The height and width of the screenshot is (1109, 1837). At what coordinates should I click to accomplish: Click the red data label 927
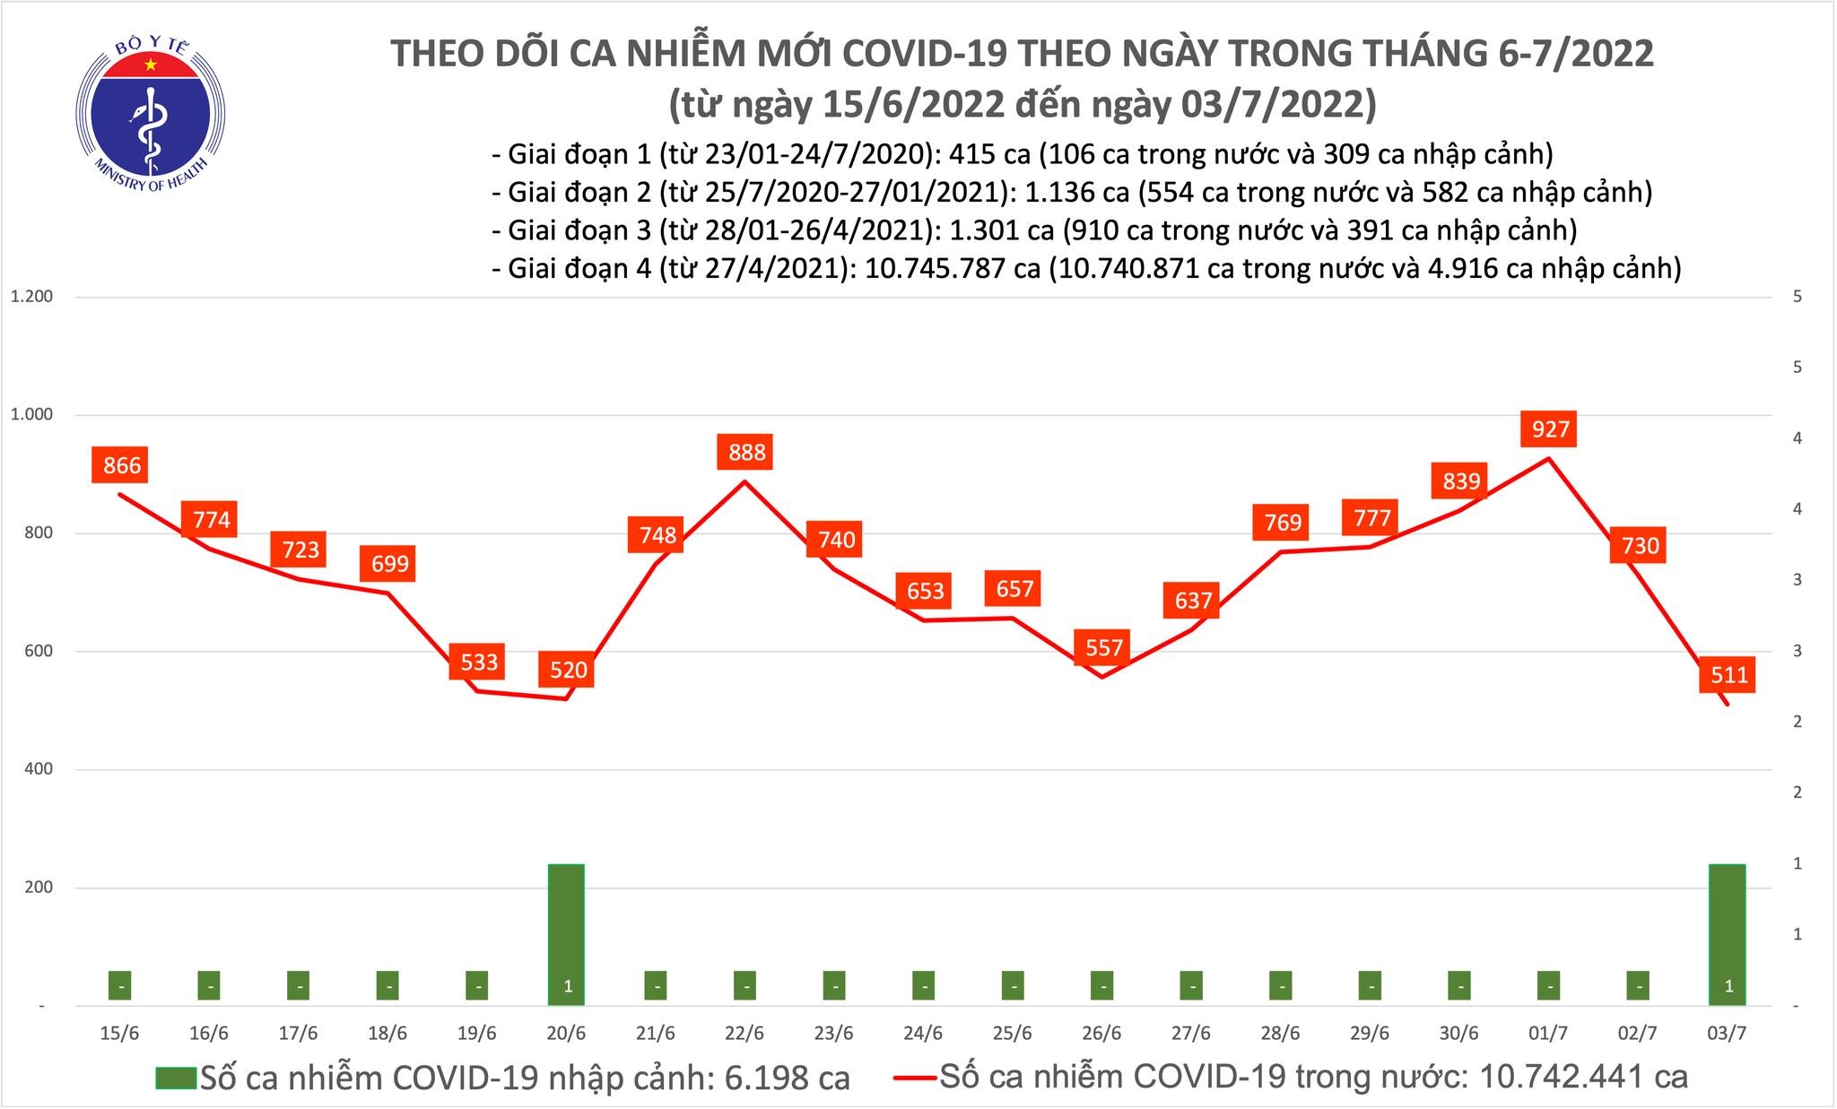pos(1550,429)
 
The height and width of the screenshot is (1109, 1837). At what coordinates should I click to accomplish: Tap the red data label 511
pos(1728,673)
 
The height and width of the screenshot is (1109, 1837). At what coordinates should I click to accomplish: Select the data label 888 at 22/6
pos(746,451)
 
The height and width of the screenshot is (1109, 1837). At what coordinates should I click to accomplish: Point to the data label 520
pos(568,670)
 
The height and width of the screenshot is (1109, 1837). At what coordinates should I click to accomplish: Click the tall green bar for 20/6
pos(567,932)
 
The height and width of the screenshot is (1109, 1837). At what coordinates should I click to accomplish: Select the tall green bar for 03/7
pos(1728,932)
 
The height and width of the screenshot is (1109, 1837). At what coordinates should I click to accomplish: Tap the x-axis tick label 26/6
pos(1101,1034)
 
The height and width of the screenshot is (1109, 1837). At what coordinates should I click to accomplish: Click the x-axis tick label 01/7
pos(1548,1034)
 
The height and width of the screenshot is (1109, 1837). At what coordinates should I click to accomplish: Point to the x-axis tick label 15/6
pos(119,1034)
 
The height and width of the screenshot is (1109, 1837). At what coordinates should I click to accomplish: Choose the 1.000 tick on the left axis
pos(32,415)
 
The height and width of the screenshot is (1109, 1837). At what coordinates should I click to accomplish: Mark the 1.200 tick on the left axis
pos(32,297)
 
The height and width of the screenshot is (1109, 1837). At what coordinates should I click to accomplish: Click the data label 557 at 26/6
pos(1103,646)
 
